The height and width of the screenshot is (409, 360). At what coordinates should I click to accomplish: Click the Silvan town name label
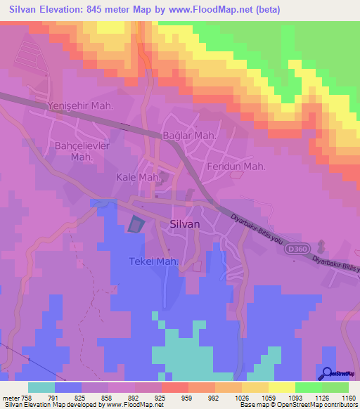186,223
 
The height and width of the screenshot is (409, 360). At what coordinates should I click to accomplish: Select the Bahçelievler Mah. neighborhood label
82,151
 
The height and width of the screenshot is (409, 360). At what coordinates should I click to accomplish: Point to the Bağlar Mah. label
188,135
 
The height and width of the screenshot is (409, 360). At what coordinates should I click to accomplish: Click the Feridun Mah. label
236,167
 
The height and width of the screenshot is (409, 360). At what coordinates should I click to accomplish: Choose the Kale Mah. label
139,178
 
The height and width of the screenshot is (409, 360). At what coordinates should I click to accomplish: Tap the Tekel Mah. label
153,261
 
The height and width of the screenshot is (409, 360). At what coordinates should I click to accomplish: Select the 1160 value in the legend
340,397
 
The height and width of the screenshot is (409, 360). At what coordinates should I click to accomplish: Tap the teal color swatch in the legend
41,387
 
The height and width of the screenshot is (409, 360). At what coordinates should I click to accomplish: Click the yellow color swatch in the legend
281,387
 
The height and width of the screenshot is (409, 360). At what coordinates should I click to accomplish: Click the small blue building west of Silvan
134,224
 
